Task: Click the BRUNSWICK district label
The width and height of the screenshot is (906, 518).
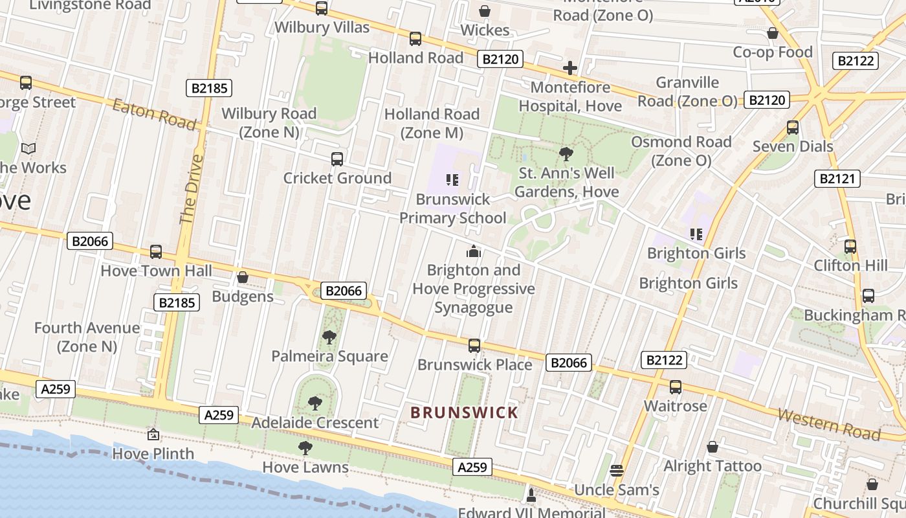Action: click(465, 412)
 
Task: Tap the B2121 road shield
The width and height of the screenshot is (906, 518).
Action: click(837, 179)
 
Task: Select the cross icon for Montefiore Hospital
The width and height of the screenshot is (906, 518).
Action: click(569, 68)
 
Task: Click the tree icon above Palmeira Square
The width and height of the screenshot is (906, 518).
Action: click(329, 337)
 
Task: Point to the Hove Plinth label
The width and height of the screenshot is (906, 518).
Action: click(153, 453)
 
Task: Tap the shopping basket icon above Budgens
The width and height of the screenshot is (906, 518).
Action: click(243, 277)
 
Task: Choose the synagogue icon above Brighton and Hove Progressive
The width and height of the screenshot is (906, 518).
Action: click(474, 251)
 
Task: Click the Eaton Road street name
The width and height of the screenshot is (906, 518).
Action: click(154, 114)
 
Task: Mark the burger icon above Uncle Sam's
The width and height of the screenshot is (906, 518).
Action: click(616, 470)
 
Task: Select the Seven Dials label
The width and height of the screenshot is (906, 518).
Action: click(793, 146)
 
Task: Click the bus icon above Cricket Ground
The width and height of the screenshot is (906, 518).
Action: click(337, 159)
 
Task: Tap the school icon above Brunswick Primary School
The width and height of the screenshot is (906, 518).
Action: click(452, 179)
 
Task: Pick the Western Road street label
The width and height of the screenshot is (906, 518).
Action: click(828, 424)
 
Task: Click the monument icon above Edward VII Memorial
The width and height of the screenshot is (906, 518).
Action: click(531, 495)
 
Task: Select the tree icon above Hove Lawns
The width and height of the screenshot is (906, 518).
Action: click(305, 447)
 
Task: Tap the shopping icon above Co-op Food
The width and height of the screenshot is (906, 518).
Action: click(772, 33)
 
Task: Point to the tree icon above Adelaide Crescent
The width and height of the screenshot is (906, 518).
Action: click(315, 403)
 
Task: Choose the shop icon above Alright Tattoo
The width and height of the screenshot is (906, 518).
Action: click(713, 447)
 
